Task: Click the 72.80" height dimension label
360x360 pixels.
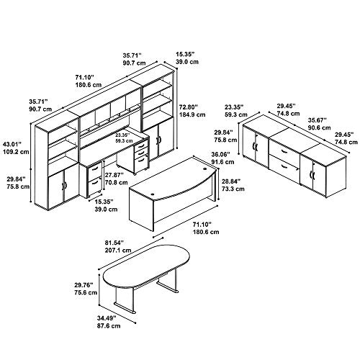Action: coord(189,107)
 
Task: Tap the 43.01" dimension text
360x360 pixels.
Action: coord(12,144)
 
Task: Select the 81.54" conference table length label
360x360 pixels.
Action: coord(114,243)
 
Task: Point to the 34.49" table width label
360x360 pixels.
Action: coord(107,318)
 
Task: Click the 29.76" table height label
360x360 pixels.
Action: coord(84,285)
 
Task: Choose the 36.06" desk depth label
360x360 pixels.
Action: coord(220,154)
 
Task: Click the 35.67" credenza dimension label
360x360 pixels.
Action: coord(318,120)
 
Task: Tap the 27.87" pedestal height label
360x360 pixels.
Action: coord(114,175)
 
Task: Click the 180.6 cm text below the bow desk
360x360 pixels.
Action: coord(206,232)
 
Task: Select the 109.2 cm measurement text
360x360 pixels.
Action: coord(16,152)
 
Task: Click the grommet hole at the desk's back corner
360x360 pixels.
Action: coord(204,168)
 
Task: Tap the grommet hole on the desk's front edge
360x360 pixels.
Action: coord(153,193)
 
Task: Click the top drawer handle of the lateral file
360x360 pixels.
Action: coord(284,150)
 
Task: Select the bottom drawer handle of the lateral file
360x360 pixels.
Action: coord(284,166)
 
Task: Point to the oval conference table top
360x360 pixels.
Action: coord(146,266)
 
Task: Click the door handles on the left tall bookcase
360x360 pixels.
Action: coord(63,186)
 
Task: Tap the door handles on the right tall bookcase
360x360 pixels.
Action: coord(158,140)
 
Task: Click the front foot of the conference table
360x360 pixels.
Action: coord(125,307)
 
